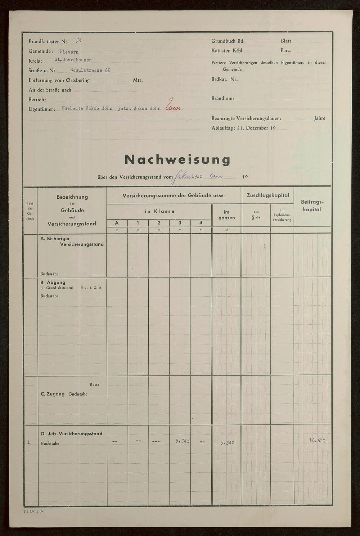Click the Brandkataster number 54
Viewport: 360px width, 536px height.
[78, 41]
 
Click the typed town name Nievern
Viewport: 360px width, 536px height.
[69, 51]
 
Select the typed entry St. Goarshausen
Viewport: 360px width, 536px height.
[73, 60]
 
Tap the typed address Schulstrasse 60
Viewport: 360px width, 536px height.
[90, 70]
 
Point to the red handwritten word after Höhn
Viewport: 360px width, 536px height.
[174, 107]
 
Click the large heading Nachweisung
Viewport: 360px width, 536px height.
[177, 159]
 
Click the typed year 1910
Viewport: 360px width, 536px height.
[197, 177]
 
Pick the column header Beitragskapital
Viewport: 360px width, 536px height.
[312, 206]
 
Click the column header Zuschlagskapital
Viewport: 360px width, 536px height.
[267, 195]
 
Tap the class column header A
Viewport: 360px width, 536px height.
[117, 223]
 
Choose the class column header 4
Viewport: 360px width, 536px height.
[201, 223]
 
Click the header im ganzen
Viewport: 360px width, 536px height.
[226, 215]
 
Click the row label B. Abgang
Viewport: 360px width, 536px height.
[53, 283]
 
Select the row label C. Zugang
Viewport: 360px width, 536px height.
[53, 394]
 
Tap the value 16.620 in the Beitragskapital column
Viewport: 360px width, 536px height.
[317, 441]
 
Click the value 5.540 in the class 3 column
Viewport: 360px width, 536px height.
[183, 441]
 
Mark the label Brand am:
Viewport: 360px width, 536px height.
[223, 98]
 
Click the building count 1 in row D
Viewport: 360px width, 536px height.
[28, 442]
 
